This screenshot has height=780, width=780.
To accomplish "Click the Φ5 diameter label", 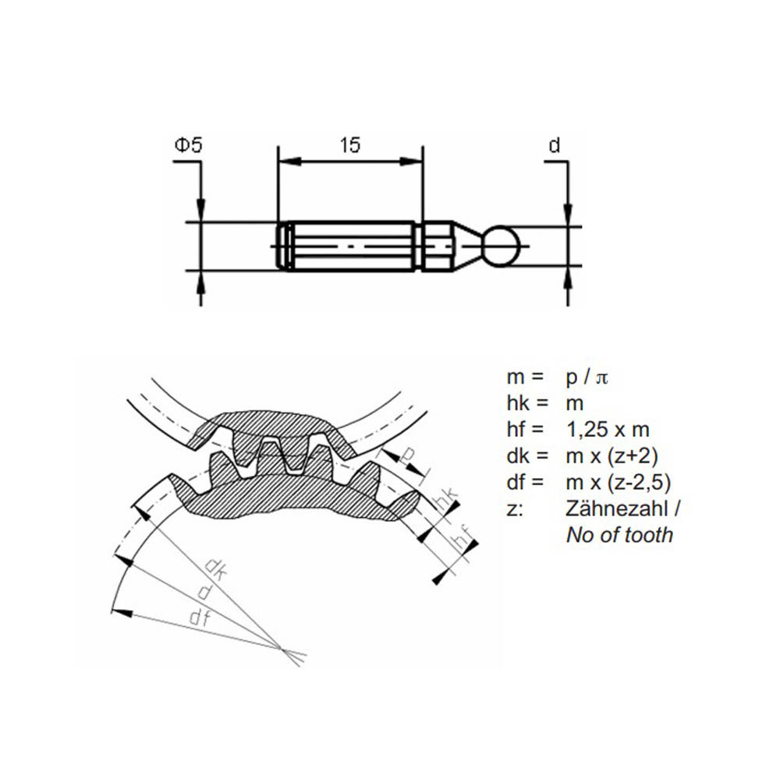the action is click(x=189, y=145).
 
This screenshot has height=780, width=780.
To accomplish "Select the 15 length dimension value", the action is click(x=349, y=145).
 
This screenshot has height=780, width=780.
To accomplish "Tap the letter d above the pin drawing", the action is click(x=554, y=145).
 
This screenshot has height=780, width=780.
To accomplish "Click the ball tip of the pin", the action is click(x=502, y=246).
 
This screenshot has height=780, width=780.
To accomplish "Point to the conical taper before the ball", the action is click(x=467, y=246).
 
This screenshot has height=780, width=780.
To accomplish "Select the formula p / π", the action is click(x=587, y=378).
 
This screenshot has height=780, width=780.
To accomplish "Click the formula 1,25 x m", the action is click(x=608, y=430).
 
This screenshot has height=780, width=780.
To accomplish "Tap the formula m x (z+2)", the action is click(x=612, y=456).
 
